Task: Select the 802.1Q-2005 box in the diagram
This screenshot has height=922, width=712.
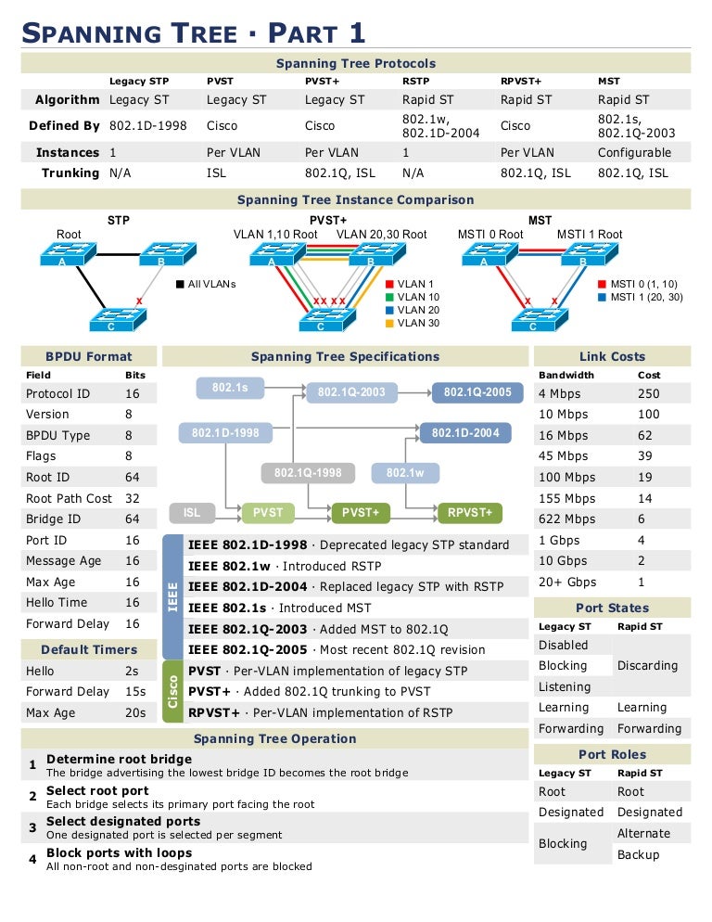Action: click(x=477, y=391)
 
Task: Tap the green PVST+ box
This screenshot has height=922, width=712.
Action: click(x=361, y=512)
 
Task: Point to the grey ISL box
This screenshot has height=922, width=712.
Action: click(x=192, y=512)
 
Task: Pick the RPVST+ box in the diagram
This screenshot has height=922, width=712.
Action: click(x=469, y=512)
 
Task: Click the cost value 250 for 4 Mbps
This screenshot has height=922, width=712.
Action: click(x=648, y=394)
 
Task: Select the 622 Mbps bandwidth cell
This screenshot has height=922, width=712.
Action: click(x=566, y=519)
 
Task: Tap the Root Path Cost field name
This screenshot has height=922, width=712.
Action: click(x=69, y=498)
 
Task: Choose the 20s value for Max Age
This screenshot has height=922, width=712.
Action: click(x=135, y=712)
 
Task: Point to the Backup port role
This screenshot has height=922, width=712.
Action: click(x=639, y=854)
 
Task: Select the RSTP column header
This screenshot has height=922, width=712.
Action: click(x=415, y=82)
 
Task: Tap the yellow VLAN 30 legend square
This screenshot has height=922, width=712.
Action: click(x=389, y=324)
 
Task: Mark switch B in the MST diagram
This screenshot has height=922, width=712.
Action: click(x=583, y=254)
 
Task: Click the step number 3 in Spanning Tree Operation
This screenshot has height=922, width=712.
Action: click(x=32, y=827)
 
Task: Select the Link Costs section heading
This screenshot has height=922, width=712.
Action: click(x=612, y=356)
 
